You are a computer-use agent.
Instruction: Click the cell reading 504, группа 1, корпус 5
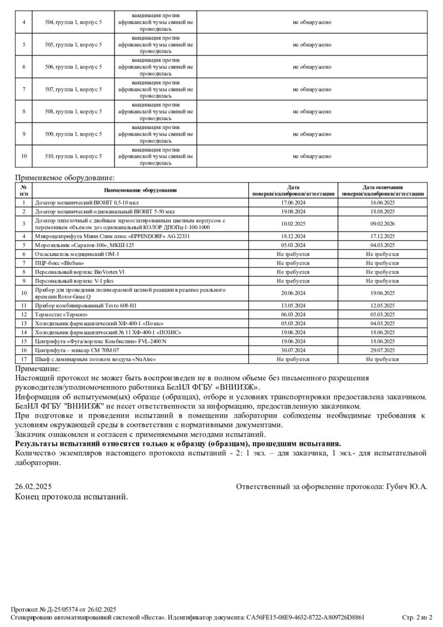click(74, 22)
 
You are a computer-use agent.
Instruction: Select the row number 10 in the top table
click(24, 156)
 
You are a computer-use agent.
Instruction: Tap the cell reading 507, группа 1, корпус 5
click(74, 89)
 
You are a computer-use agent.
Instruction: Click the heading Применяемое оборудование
click(64, 178)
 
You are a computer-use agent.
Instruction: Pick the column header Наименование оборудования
click(140, 191)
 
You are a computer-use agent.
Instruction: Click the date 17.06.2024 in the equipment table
click(293, 203)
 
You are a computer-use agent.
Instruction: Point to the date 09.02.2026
click(383, 224)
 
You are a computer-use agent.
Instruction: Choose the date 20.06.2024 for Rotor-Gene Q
click(293, 293)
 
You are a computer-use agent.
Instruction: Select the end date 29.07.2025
click(383, 350)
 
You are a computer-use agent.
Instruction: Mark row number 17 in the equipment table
click(24, 359)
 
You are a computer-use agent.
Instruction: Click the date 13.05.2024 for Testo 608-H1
click(293, 305)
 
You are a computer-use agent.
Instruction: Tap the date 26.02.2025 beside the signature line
click(33, 486)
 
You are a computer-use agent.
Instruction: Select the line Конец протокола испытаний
click(71, 496)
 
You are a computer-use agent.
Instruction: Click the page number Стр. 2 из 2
click(417, 617)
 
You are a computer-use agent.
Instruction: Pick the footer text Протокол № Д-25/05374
click(47, 609)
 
